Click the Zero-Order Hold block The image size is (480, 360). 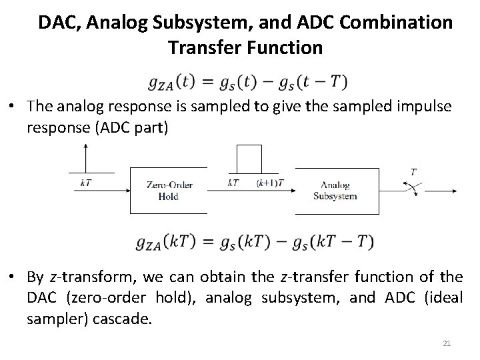click(x=167, y=191)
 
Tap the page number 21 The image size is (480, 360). click(x=447, y=343)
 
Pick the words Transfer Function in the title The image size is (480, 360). click(x=245, y=48)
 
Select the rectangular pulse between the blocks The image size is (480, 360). click(x=248, y=160)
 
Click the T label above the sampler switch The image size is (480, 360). click(x=413, y=171)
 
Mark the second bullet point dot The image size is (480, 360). click(x=12, y=276)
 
